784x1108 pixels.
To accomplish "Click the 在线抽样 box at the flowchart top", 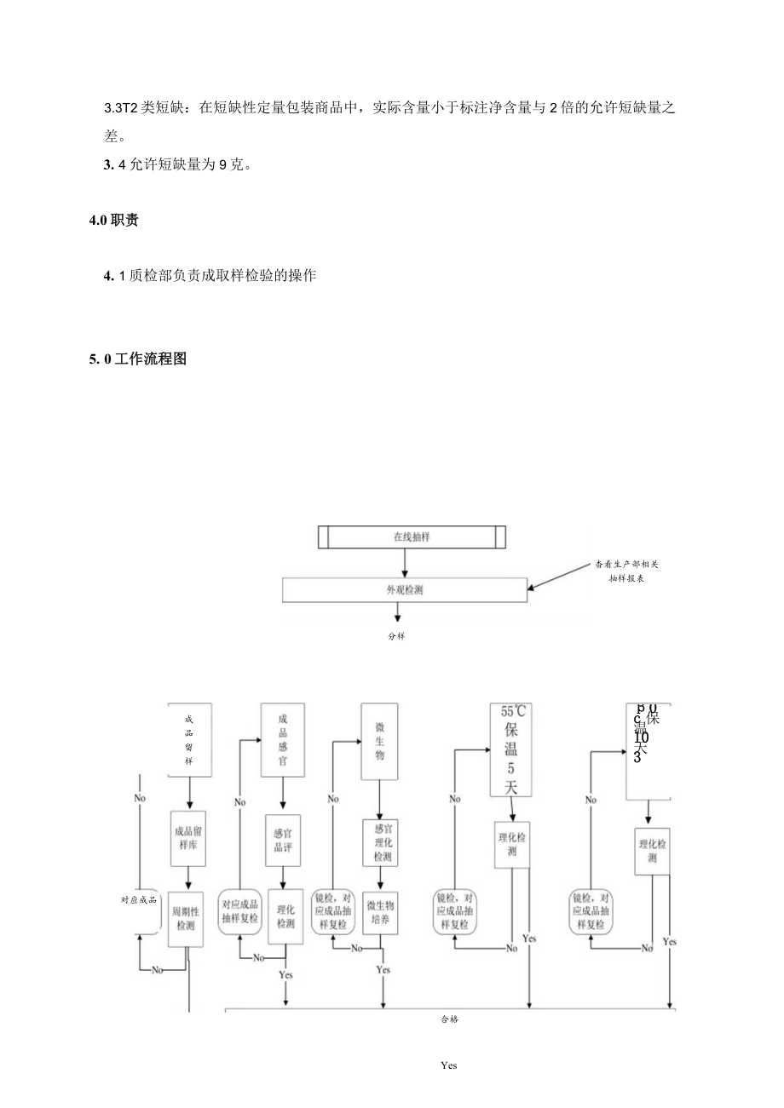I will [411, 537].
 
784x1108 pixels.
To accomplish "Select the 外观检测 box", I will [404, 589].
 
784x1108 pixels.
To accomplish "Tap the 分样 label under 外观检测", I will [395, 635].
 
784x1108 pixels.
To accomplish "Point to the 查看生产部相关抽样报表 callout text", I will [626, 571].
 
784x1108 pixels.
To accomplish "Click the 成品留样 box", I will [189, 739].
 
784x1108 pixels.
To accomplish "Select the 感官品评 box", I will [282, 841].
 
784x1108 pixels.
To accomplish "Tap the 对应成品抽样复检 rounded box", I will [239, 911].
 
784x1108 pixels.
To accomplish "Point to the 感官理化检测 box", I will [379, 841].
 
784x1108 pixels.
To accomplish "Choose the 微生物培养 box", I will [379, 911].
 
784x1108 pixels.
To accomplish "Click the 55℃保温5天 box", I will [510, 749].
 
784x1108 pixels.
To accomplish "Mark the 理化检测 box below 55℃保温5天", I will [511, 843].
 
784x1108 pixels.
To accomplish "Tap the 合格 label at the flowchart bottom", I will [449, 1019].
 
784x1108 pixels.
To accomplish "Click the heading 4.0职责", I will [114, 221].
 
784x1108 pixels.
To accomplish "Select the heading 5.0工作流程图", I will [138, 359].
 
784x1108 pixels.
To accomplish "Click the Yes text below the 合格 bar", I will [449, 1065].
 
